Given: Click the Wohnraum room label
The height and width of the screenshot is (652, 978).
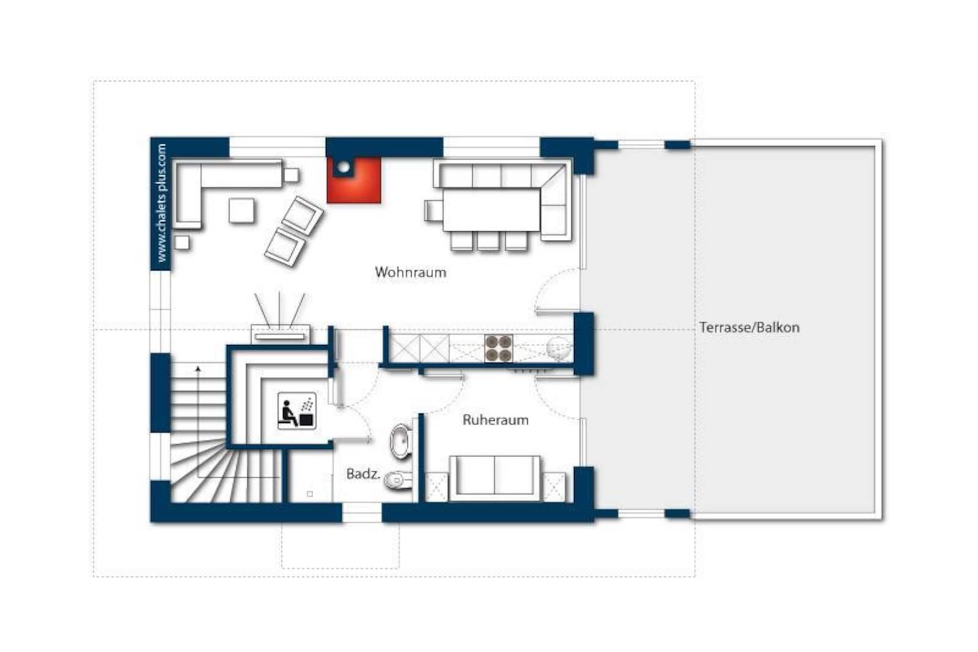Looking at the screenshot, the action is [411, 272].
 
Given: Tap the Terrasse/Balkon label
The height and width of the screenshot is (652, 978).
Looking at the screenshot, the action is [749, 328].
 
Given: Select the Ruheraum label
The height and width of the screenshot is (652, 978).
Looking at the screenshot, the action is [496, 420].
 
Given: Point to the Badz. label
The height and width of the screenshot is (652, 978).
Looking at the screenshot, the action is [363, 474].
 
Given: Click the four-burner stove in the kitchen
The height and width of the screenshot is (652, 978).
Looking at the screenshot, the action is [499, 348].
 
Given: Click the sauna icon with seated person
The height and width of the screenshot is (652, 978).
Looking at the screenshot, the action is [297, 411].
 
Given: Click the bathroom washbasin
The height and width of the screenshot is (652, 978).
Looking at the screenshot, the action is [401, 441].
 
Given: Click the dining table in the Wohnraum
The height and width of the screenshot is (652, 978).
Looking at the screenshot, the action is [492, 210].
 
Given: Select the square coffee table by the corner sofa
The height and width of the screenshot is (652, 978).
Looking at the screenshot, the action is [241, 211].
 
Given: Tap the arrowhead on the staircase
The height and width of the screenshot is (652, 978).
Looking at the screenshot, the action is [198, 368].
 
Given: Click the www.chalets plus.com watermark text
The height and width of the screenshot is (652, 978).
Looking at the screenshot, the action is [161, 203].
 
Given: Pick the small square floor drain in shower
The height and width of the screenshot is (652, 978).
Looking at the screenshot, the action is [310, 494].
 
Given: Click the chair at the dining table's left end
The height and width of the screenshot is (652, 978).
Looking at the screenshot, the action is [434, 210].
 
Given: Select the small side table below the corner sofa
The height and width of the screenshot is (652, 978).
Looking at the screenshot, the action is [181, 243].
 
